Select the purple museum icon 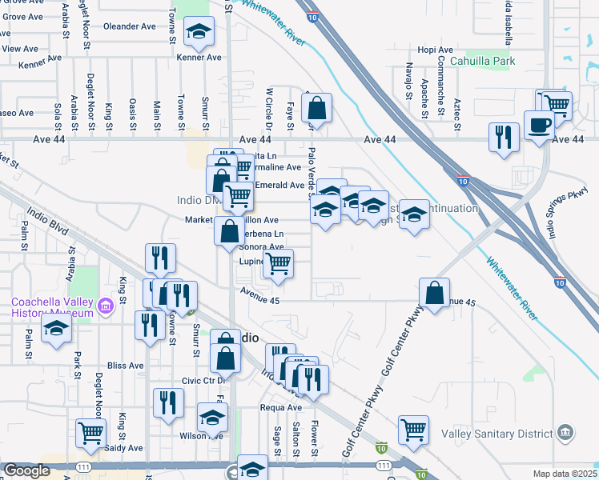click(x=105, y=306)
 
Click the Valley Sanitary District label click(x=496, y=433)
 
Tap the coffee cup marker click(x=537, y=125)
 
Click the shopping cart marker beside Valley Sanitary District click(x=413, y=430)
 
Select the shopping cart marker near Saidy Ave click(x=91, y=434)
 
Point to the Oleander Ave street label click(x=130, y=26)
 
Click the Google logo click(x=26, y=471)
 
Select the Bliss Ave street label click(x=125, y=366)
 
